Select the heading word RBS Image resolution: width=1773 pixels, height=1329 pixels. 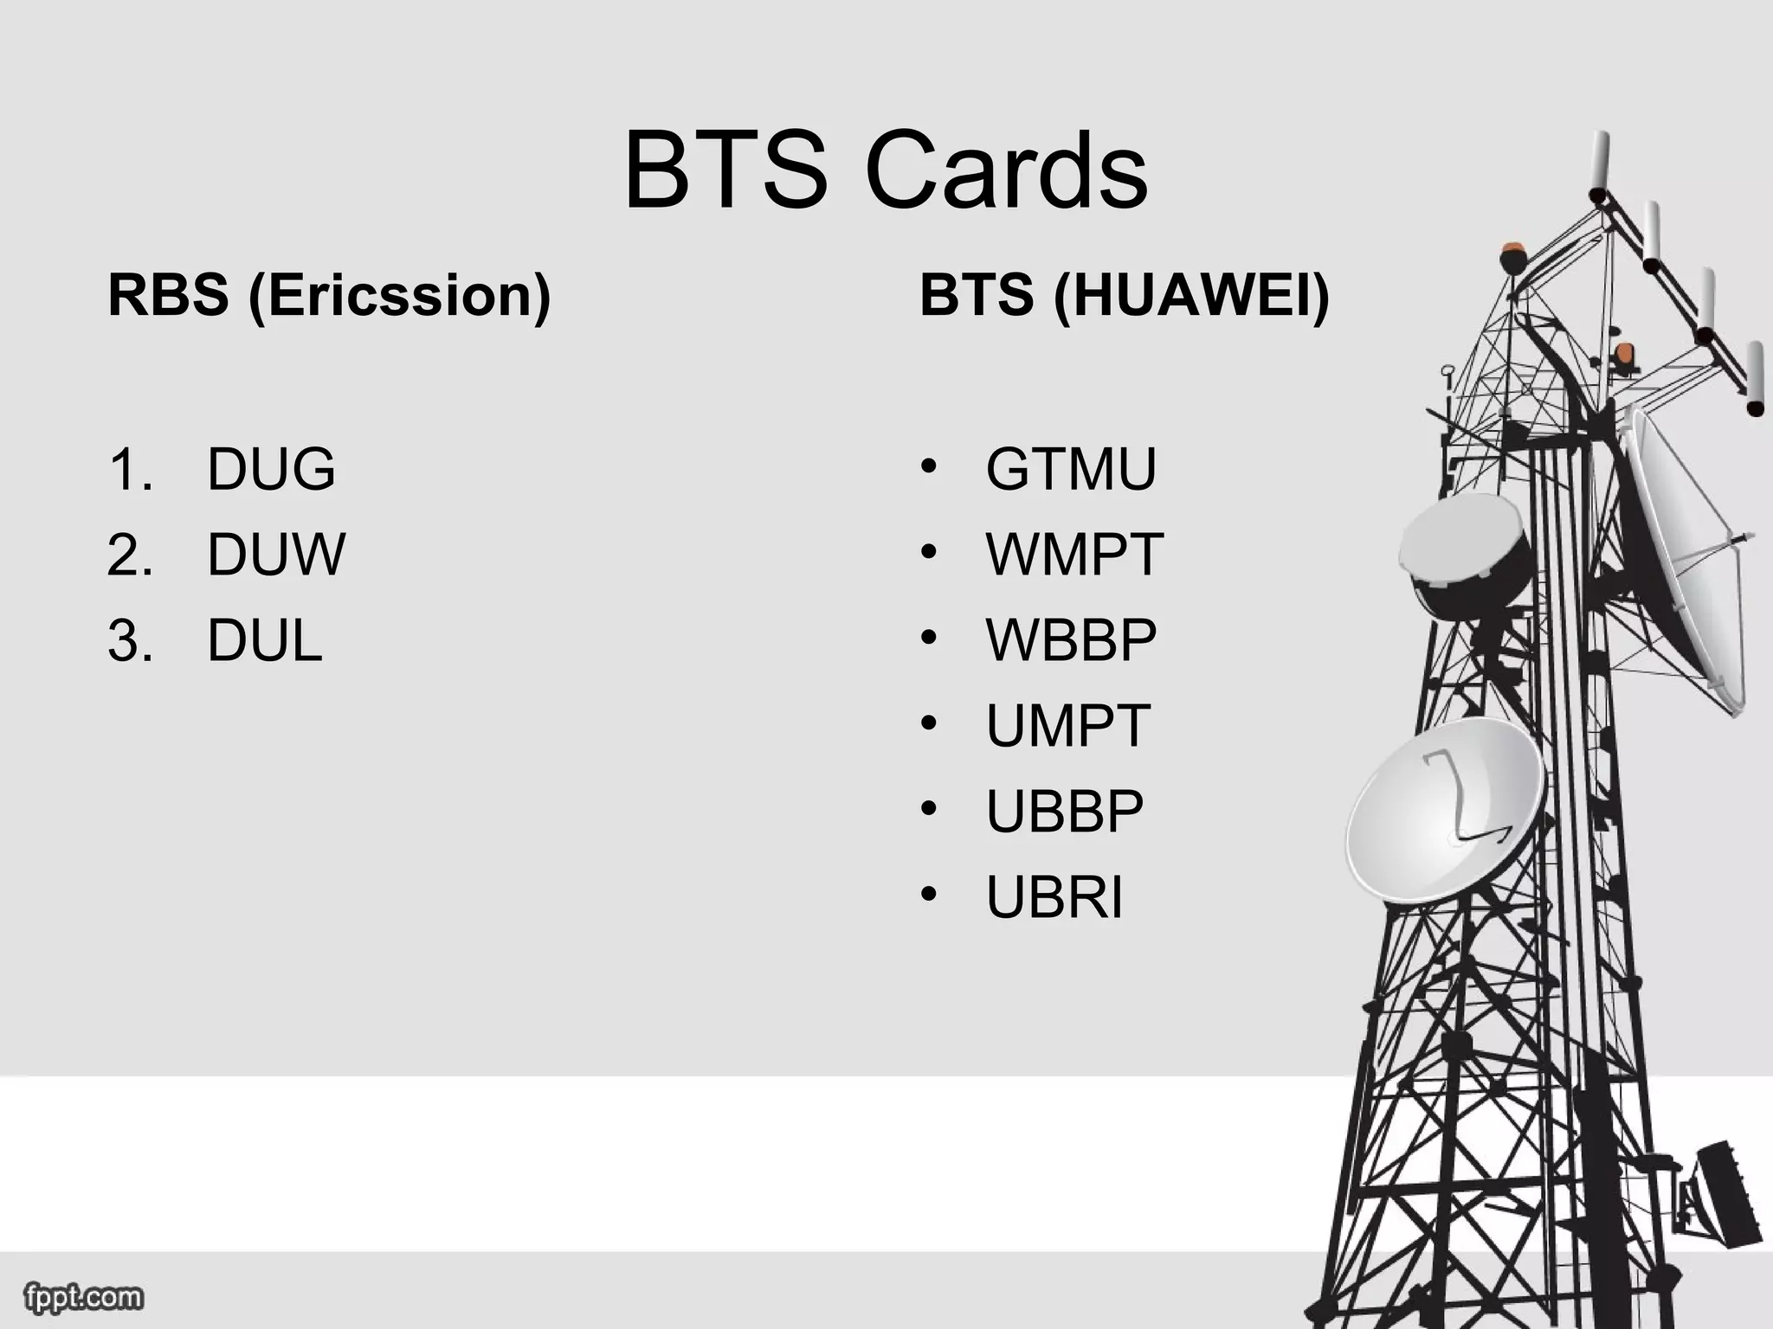[168, 295]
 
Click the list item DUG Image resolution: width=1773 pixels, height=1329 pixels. [271, 469]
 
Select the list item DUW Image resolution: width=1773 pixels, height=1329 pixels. [276, 555]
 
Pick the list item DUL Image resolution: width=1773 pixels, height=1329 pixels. [265, 641]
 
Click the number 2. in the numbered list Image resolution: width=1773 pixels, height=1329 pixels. [130, 555]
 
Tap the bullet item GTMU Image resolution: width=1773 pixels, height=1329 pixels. [1071, 469]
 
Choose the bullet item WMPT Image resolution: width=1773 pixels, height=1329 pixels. [1074, 555]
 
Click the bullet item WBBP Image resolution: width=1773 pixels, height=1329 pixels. [1071, 640]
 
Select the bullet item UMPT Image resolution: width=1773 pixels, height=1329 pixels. [1067, 726]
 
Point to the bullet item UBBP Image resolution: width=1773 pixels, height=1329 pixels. [1065, 812]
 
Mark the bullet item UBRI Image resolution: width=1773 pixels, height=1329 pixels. [1054, 897]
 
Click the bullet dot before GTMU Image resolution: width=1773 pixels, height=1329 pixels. [929, 466]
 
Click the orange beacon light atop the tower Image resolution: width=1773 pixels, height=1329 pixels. [1512, 253]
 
